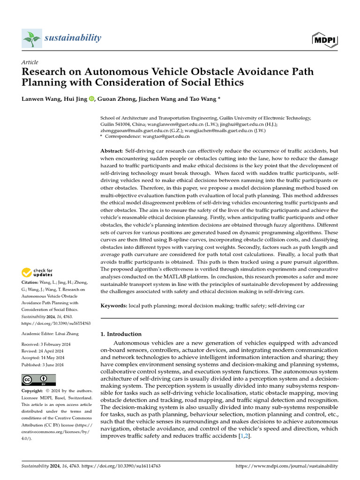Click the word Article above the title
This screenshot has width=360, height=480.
[30, 62]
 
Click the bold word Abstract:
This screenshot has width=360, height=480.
[112, 151]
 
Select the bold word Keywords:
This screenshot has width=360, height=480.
[114, 306]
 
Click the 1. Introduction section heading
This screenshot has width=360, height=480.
[121, 334]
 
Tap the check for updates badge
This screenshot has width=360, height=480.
[37, 272]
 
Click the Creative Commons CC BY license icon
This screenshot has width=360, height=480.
[38, 380]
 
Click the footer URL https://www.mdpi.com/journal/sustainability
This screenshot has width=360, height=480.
[286, 466]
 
